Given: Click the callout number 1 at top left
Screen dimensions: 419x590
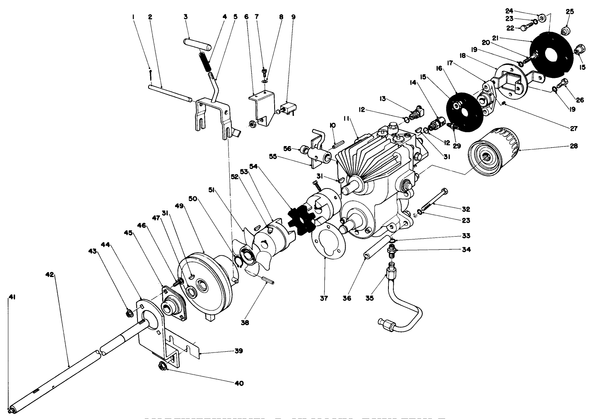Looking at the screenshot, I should coord(133,17).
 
